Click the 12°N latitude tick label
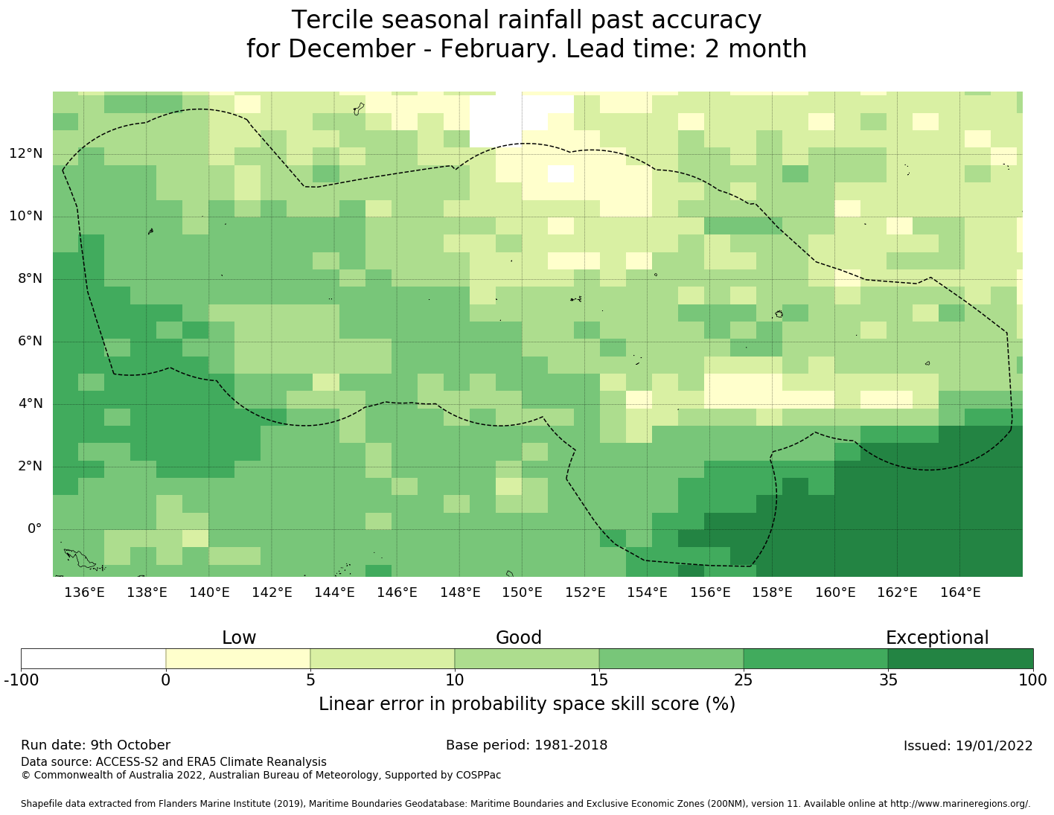26,154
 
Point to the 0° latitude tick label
34,529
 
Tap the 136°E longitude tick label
84,592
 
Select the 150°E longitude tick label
522,592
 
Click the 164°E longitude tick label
960,592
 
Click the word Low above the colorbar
239,638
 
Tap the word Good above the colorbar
519,638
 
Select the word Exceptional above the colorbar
936,638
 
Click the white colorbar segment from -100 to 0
93,659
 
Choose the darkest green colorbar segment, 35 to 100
960,659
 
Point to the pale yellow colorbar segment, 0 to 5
237,659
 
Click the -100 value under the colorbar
21,680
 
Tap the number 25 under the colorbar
744,680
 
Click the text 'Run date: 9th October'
95,745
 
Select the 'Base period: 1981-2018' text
526,745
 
